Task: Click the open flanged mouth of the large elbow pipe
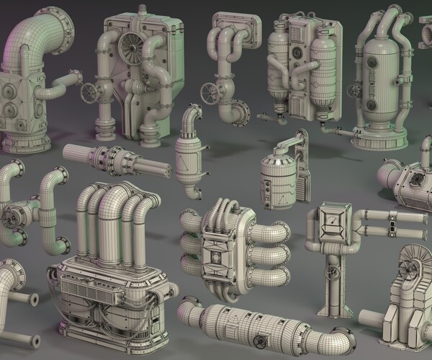click(63, 31)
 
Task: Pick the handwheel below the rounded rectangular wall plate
click(210, 94)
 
